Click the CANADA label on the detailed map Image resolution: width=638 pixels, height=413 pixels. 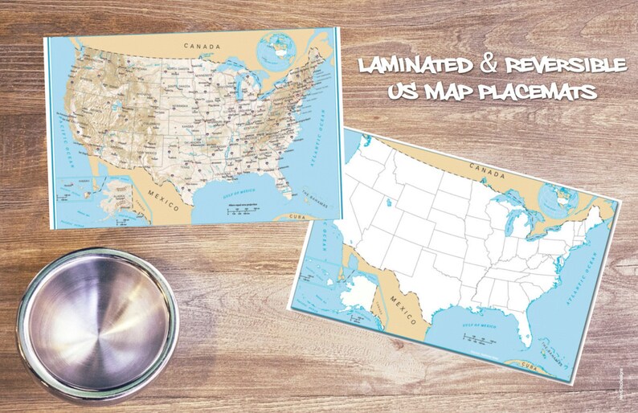coord(201,47)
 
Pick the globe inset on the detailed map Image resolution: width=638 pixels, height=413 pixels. coord(277,50)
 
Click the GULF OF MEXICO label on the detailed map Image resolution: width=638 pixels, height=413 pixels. coord(234,191)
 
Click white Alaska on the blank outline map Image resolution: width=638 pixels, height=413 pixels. coord(356,292)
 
